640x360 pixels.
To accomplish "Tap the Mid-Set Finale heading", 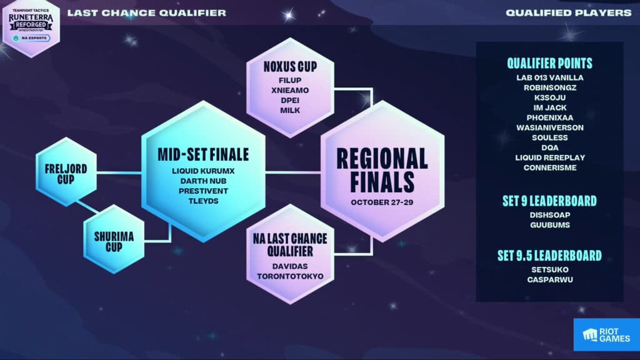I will point(203,154).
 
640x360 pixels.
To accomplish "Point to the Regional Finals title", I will point(382,169).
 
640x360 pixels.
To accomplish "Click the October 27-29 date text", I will point(382,202).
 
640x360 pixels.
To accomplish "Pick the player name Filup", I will point(289,80).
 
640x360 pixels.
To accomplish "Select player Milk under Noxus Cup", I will point(289,110).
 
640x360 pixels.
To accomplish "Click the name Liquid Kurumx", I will point(203,171).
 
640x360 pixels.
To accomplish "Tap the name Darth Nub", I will point(203,181).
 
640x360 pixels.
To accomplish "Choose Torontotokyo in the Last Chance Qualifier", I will point(289,276).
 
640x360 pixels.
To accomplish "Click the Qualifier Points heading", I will point(549,63).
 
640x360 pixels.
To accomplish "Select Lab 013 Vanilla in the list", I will point(549,77).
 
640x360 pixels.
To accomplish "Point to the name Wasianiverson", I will point(549,127).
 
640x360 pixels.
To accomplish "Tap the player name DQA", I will point(549,147).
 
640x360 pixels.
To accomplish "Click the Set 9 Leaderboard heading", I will point(549,201).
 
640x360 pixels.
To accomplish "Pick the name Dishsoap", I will point(549,215).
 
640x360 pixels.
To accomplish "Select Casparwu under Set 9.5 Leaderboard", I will point(549,279).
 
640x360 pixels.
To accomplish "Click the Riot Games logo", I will point(606,334).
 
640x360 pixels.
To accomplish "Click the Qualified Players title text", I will point(568,12).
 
